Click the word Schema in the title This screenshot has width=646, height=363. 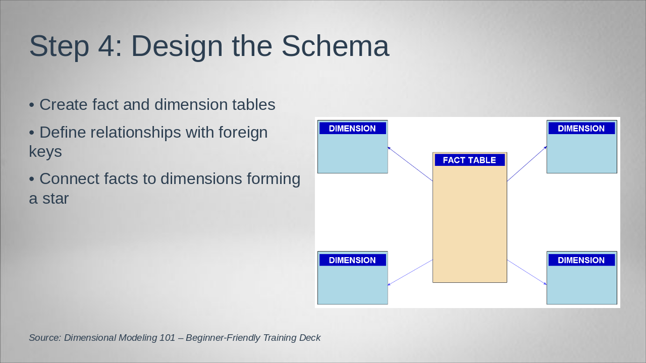(x=335, y=46)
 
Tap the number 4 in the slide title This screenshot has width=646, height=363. (x=106, y=46)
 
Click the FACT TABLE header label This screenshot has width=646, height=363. (x=469, y=160)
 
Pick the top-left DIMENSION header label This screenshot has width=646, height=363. (x=352, y=128)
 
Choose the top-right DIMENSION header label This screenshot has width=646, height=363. (x=581, y=128)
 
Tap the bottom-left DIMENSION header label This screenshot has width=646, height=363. (x=352, y=260)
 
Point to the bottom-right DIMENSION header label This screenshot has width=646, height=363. (x=581, y=260)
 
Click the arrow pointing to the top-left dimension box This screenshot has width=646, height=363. (x=410, y=164)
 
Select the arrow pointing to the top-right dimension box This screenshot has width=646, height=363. (x=527, y=164)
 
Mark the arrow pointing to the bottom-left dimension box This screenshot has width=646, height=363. (x=410, y=273)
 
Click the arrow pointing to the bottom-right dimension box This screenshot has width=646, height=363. (x=527, y=272)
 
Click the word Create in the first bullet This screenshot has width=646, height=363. (x=64, y=104)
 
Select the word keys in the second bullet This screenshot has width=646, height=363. (x=45, y=152)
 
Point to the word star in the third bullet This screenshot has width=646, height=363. (x=56, y=199)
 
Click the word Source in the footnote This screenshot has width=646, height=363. (x=45, y=338)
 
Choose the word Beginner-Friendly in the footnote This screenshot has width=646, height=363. (x=223, y=338)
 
